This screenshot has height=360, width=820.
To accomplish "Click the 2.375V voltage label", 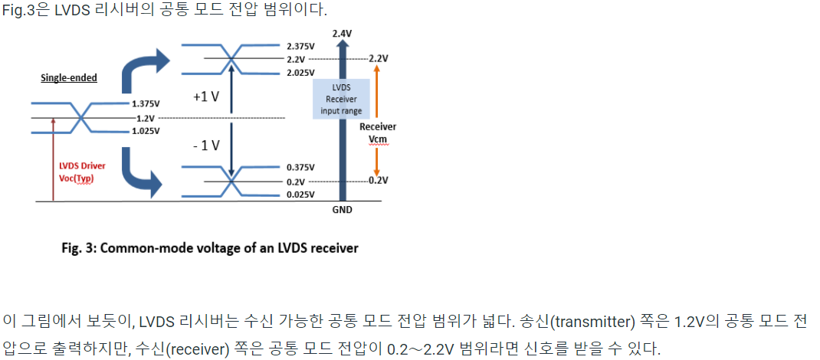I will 300,46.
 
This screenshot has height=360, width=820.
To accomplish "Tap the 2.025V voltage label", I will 300,73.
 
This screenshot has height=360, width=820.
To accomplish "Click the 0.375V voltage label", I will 300,167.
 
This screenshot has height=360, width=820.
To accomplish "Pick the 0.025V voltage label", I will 300,195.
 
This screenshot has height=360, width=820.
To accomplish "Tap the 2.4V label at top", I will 342,34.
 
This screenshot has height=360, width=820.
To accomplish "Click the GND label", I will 342,210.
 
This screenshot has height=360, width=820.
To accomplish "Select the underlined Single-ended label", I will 69,78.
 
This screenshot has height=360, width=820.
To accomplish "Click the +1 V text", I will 205,97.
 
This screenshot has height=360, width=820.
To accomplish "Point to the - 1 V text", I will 205,146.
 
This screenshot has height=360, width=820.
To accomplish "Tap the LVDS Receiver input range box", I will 341,100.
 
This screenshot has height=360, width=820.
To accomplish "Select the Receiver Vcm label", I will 378,132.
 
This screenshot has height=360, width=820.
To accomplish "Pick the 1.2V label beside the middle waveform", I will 146,118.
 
